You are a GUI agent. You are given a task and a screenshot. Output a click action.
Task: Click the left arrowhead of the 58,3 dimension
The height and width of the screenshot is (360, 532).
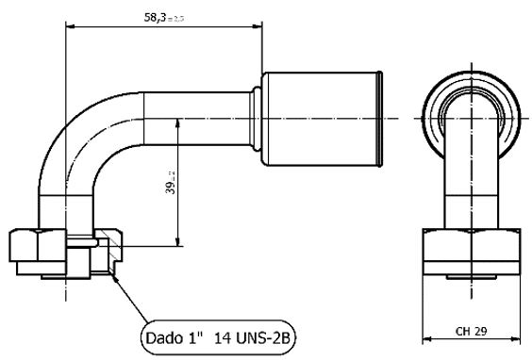pyautogui.click(x=69, y=26)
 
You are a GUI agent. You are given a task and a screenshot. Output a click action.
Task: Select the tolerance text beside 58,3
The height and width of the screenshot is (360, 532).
pyautogui.click(x=176, y=18)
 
